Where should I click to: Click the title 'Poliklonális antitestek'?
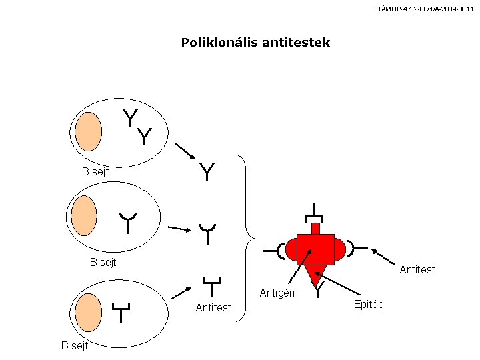[x=255, y=42]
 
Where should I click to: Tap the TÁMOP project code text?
[x=425, y=9]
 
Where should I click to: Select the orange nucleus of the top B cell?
[x=89, y=131]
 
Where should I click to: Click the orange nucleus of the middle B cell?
[x=84, y=216]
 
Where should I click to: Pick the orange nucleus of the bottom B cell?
[x=89, y=313]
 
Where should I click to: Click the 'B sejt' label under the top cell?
[x=95, y=172]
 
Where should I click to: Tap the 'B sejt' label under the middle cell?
[x=103, y=263]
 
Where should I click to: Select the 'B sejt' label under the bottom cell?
[x=75, y=345]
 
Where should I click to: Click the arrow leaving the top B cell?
[x=185, y=151]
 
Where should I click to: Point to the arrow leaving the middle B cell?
[x=180, y=229]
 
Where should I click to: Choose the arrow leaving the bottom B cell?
[x=181, y=293]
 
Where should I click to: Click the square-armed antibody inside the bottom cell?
[x=121, y=313]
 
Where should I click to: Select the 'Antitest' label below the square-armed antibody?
[x=213, y=307]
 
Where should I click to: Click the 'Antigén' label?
[x=277, y=293]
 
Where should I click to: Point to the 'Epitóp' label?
[x=369, y=304]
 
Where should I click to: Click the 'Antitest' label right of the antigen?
[x=417, y=269]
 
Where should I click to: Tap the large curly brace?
[x=246, y=238]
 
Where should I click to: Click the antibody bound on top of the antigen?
[x=314, y=213]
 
